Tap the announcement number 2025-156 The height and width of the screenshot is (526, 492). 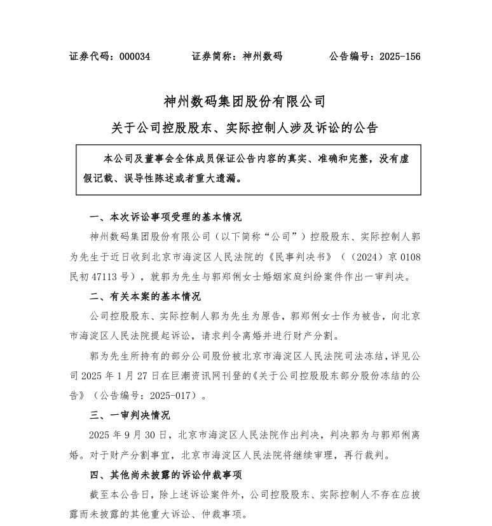point(400,57)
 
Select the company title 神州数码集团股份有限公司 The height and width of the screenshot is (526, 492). point(245,102)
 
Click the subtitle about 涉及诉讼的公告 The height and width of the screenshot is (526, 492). point(245,128)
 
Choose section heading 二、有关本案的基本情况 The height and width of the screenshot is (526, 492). point(146,297)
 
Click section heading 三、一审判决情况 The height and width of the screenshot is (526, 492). point(130,415)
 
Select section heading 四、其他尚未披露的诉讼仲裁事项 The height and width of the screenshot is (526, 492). point(166,475)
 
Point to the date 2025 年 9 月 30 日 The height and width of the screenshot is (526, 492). point(130,436)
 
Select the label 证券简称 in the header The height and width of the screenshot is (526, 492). point(212,57)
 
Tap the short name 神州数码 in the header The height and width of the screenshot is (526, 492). point(263,57)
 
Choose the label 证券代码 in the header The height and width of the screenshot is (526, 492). point(90,57)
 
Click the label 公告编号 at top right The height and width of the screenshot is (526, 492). point(350,57)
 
